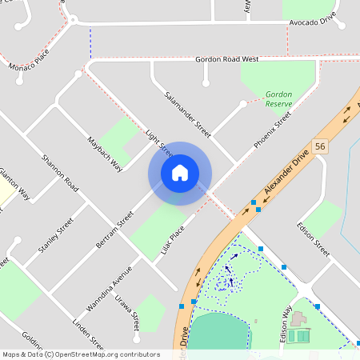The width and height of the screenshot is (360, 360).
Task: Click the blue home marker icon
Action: (180, 173)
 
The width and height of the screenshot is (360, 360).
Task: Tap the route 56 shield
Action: (320, 146)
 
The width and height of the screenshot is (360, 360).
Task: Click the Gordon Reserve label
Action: (278, 99)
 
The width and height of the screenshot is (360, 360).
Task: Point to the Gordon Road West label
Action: (228, 59)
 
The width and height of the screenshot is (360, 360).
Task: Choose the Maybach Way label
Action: (104, 153)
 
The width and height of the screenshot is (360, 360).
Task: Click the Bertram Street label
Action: (114, 230)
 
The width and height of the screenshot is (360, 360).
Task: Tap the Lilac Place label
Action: (172, 238)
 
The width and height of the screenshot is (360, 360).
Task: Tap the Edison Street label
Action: (312, 238)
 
